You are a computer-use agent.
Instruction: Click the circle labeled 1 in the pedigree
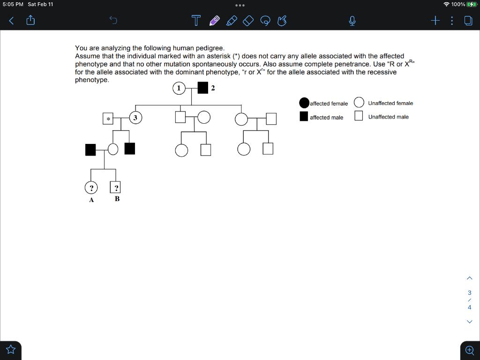click(179, 88)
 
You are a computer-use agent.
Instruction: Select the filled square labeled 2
click(203, 88)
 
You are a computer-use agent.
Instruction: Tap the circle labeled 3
click(135, 118)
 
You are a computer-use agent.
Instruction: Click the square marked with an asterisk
click(108, 119)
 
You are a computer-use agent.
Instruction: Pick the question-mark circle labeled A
click(91, 187)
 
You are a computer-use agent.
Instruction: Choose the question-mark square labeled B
click(116, 187)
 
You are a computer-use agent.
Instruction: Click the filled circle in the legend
click(304, 103)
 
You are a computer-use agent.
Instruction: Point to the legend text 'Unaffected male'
click(388, 117)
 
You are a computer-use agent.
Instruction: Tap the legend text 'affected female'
click(329, 104)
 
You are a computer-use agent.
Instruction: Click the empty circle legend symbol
click(359, 103)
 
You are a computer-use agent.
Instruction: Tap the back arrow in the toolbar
click(11, 20)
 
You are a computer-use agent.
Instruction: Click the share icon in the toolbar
click(30, 20)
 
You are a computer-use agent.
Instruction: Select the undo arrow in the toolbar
click(113, 20)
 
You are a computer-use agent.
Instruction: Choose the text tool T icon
click(196, 21)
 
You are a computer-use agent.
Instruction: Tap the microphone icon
click(352, 21)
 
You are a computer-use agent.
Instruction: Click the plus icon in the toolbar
click(435, 20)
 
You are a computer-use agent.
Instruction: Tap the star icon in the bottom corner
click(11, 350)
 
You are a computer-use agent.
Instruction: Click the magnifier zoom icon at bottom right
click(469, 350)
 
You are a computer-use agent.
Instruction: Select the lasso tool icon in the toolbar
click(265, 21)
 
